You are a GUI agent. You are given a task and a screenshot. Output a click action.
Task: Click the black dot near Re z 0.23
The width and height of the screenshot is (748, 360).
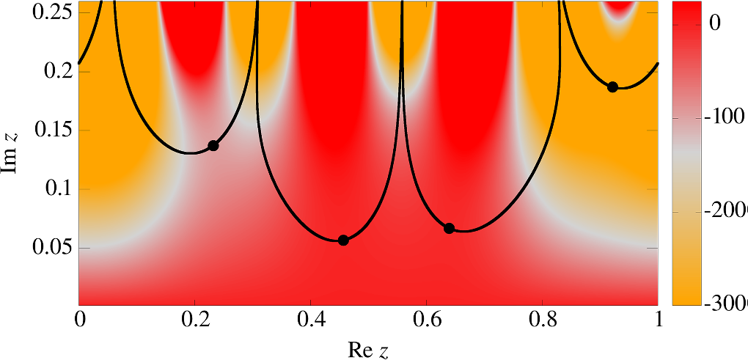point(213,145)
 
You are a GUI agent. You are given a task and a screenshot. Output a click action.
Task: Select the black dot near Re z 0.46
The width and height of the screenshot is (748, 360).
point(343,240)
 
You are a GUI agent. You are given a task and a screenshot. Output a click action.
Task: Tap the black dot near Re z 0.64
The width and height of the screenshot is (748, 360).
point(450,228)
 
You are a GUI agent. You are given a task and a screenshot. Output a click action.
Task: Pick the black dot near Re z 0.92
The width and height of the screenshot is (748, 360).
point(613,87)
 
